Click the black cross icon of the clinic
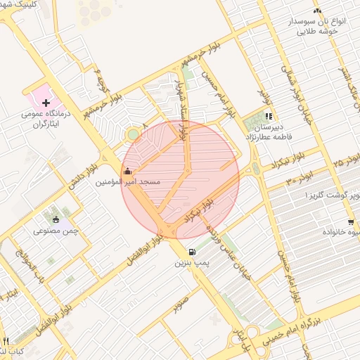pyautogui.click(x=47, y=103)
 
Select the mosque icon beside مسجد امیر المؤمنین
pyautogui.click(x=127, y=171)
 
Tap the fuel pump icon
pyautogui.click(x=191, y=252)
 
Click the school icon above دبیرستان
pyautogui.click(x=268, y=117)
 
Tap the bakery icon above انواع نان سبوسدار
pyautogui.click(x=318, y=11)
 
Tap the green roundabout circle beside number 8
pyautogui.click(x=133, y=134)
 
